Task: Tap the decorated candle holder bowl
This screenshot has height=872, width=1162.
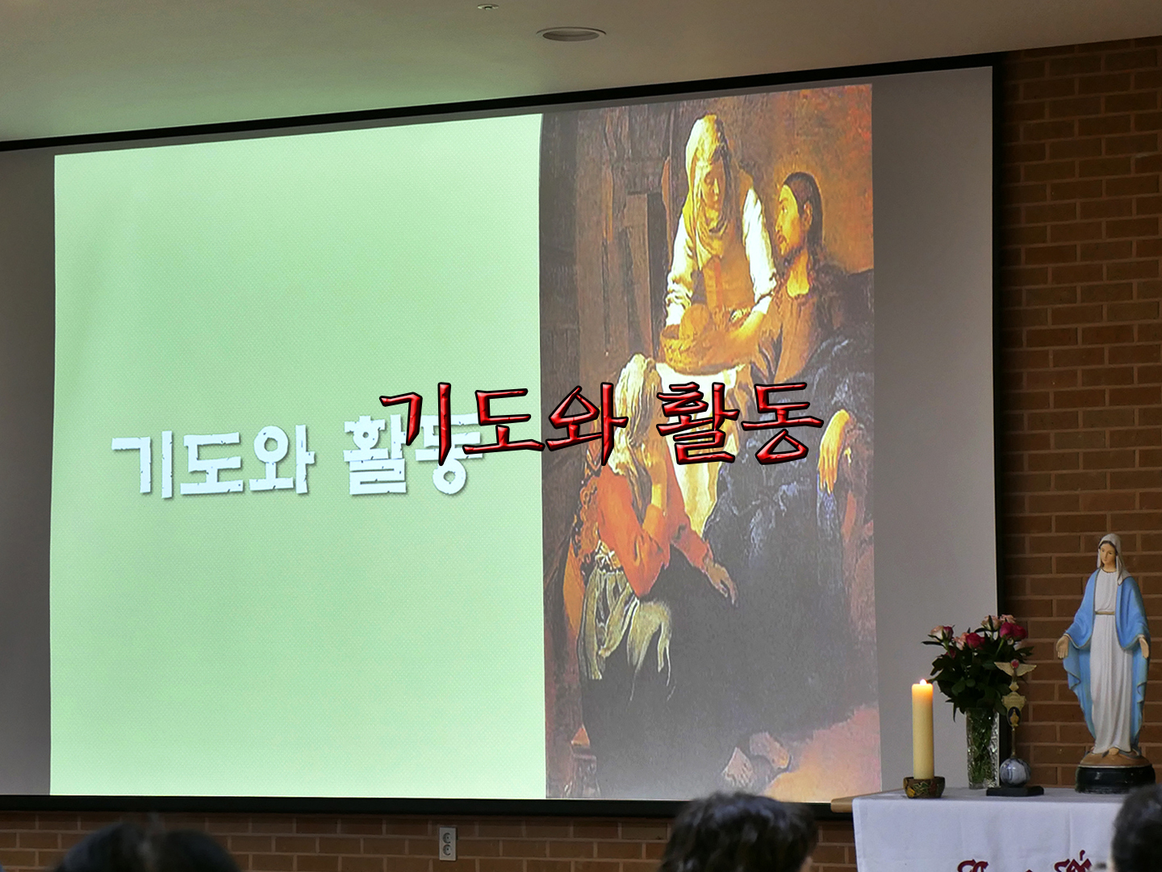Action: [x=923, y=786]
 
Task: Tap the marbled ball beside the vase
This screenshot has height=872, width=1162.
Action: [x=1014, y=773]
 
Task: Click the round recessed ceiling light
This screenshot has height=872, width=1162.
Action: [x=571, y=34]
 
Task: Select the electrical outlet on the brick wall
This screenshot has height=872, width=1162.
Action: [x=447, y=844]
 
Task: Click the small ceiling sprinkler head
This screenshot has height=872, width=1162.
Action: [x=486, y=7]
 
